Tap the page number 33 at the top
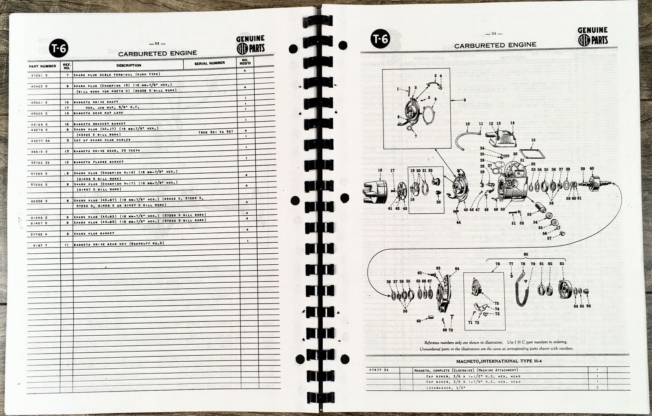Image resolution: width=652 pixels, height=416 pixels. [x=494, y=34]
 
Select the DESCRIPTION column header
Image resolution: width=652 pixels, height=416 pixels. [x=129, y=65]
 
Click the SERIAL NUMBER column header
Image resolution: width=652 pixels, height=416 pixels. [x=209, y=63]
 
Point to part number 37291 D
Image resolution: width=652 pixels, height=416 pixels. [x=39, y=75]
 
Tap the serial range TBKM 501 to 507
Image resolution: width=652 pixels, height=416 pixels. [x=216, y=132]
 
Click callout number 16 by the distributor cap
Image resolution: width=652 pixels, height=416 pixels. [x=380, y=170]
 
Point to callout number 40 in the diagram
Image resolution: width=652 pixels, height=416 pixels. [x=592, y=169]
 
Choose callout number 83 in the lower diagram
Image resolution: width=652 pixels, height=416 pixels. [x=562, y=264]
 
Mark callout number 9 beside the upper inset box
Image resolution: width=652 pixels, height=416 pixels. [x=464, y=100]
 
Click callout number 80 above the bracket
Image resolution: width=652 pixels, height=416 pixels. [x=526, y=254]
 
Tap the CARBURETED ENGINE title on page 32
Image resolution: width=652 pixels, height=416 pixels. [x=157, y=53]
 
